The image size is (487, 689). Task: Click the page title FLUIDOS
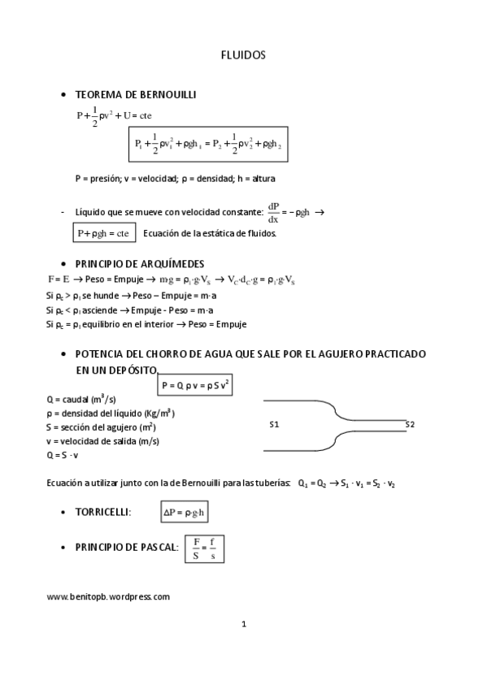[243, 55]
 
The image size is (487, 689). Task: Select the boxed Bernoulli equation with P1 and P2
[208, 144]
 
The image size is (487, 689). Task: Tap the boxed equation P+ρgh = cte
[103, 233]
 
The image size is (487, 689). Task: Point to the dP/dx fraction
[273, 213]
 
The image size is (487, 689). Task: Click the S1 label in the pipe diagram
[274, 424]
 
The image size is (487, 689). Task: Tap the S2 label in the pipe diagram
[410, 424]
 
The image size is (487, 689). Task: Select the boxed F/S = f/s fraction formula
[204, 548]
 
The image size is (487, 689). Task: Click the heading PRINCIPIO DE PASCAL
[126, 548]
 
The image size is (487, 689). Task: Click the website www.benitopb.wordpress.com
[108, 596]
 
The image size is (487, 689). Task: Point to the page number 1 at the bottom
[243, 624]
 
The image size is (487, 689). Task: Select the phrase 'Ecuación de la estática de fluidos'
[209, 234]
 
